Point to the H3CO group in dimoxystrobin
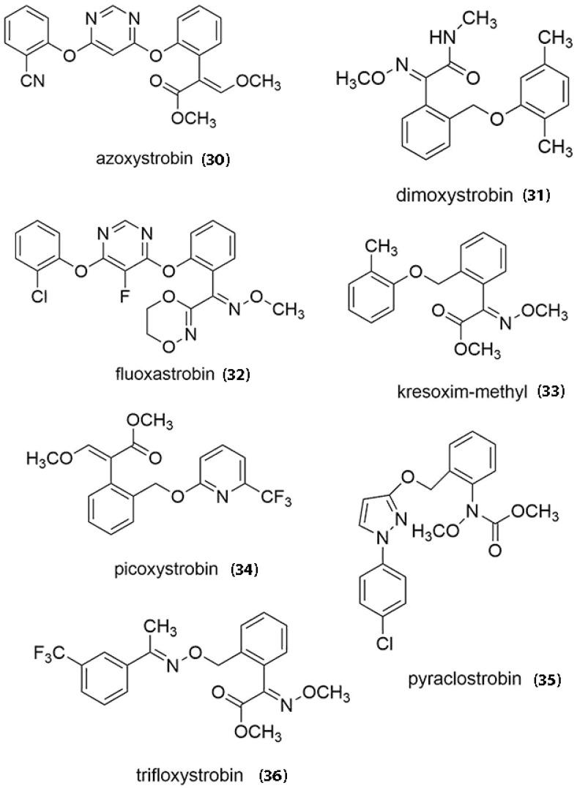click(x=361, y=79)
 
